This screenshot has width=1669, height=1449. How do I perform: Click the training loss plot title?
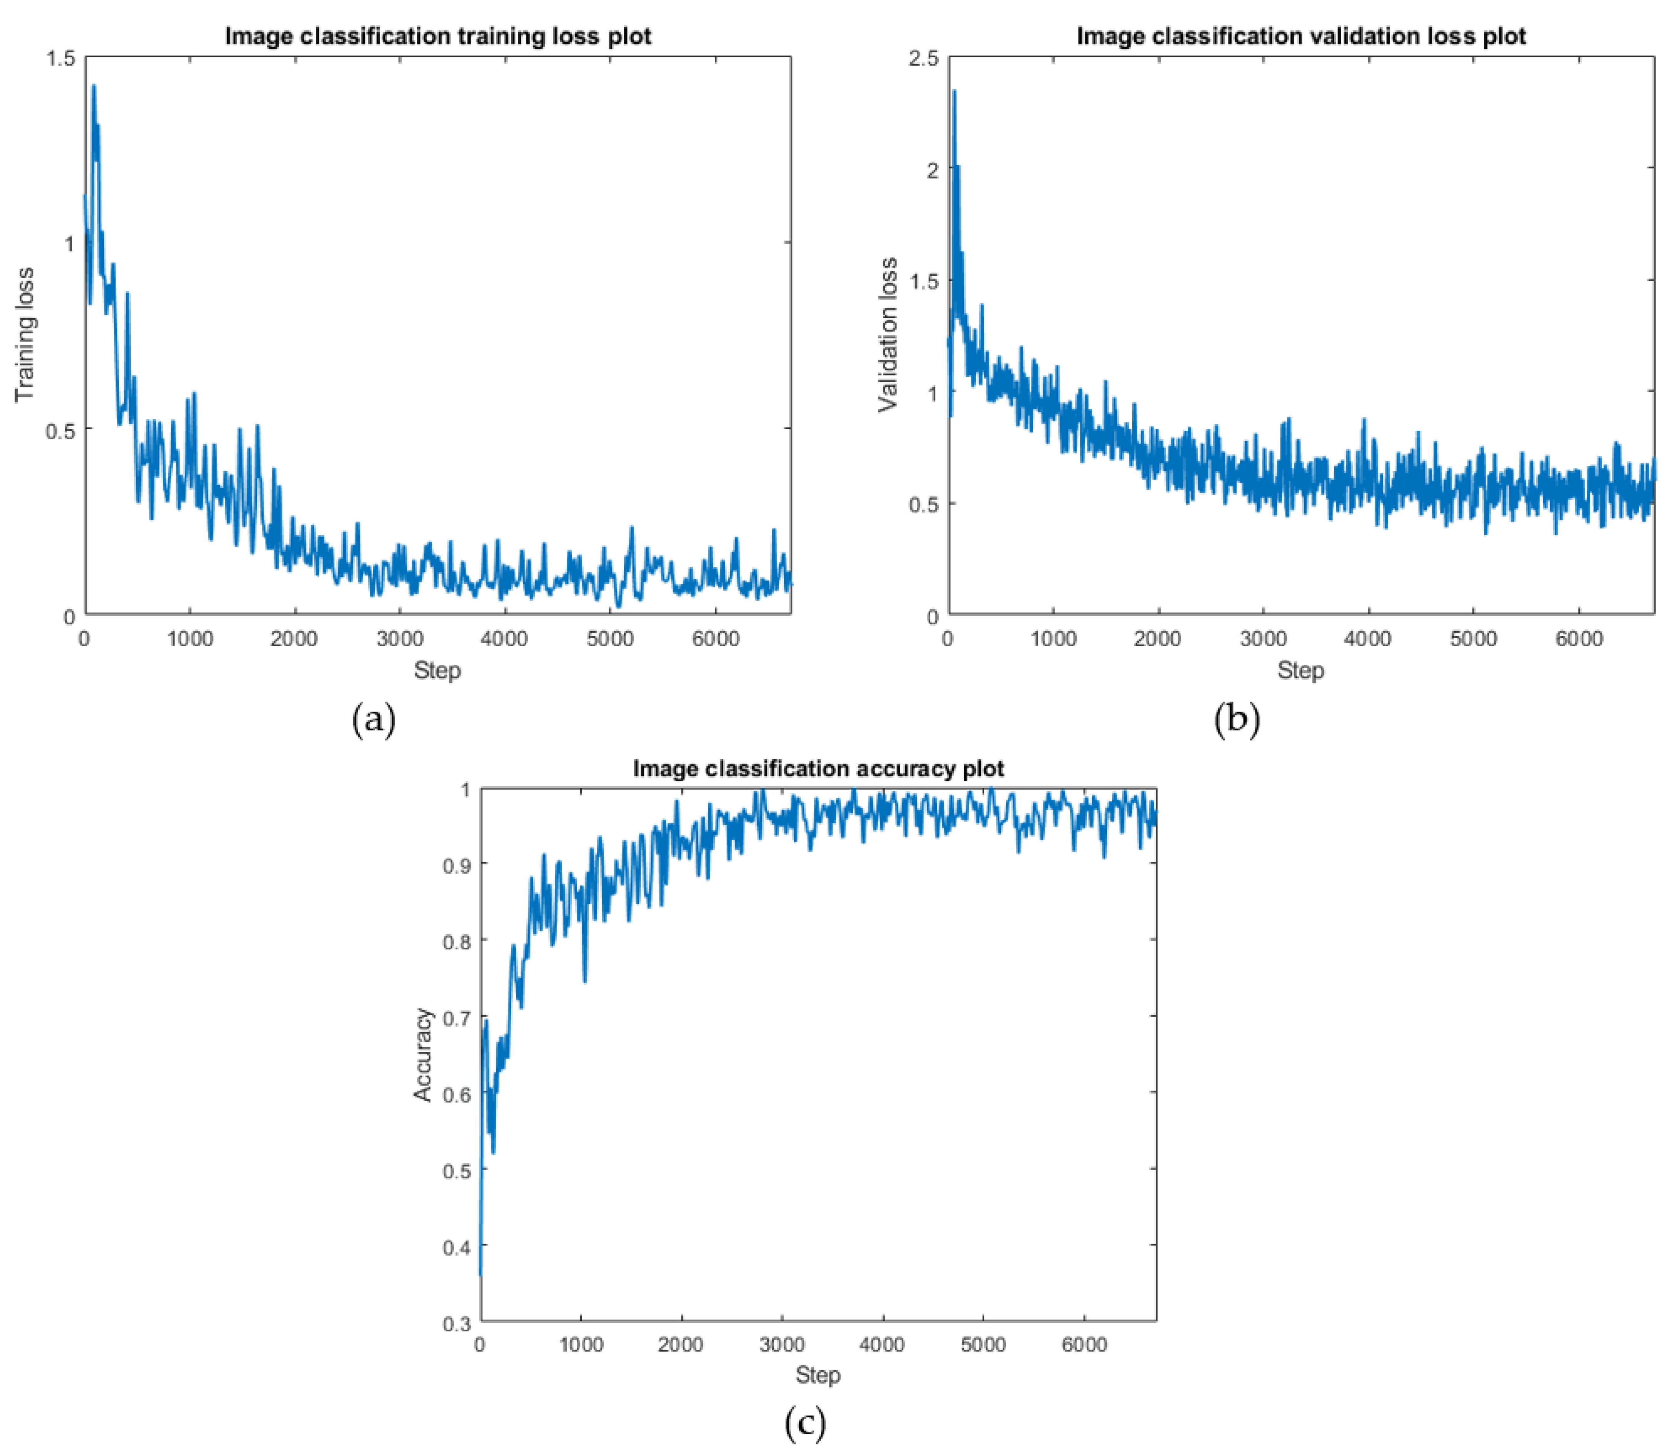tap(437, 37)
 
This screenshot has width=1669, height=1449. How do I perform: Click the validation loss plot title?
tap(1301, 37)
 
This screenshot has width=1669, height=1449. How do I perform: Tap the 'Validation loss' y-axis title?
tap(888, 334)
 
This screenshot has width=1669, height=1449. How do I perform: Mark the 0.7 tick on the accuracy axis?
tap(457, 1017)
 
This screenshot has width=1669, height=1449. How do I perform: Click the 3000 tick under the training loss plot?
tap(399, 640)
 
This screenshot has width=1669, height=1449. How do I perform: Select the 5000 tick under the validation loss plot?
tap(1473, 640)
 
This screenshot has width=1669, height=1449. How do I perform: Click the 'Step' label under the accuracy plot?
tap(818, 1375)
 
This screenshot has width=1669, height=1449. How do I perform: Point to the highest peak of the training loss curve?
tap(94, 86)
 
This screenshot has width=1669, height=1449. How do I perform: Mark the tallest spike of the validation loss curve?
tap(954, 92)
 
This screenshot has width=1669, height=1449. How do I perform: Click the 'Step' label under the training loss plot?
tap(437, 670)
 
